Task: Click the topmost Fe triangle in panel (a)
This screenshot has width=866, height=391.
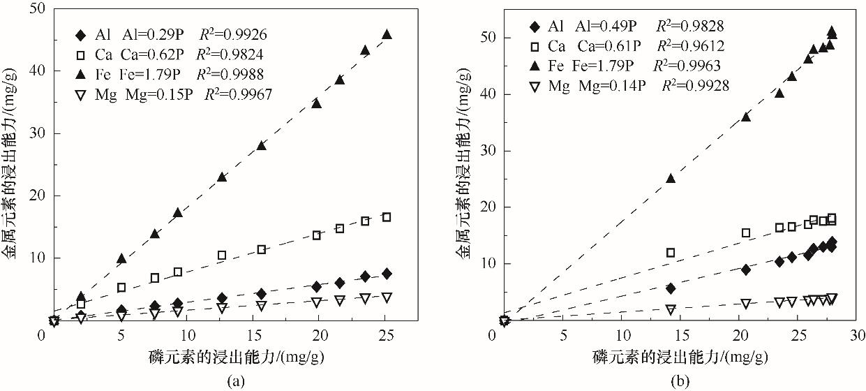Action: (387, 34)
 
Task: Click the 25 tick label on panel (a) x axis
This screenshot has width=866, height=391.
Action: (387, 334)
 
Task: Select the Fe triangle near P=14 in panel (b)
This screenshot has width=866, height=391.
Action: (671, 178)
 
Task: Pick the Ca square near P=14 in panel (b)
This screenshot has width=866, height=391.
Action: (671, 253)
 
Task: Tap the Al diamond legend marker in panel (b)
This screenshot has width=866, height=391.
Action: (534, 27)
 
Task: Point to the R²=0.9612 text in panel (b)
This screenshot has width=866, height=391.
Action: (689, 47)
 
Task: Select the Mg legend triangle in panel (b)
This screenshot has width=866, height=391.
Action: (534, 86)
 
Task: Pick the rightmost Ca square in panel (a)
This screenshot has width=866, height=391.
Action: (387, 217)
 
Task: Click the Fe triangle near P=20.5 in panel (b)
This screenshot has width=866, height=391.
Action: (745, 117)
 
